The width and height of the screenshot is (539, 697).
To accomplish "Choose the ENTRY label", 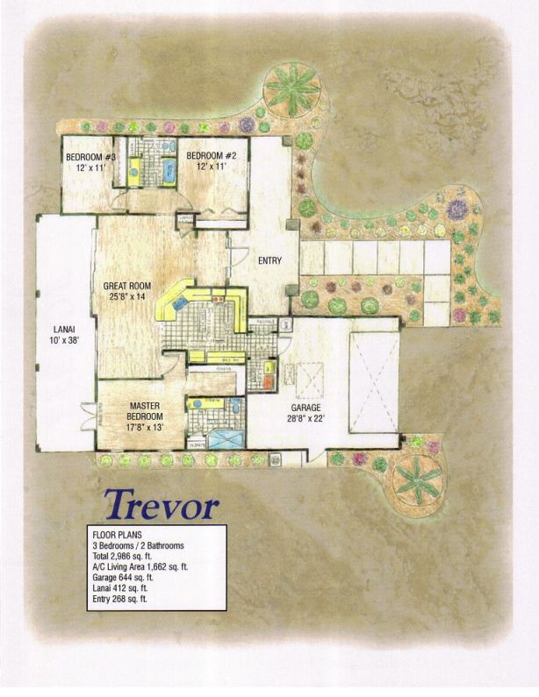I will tap(268, 261).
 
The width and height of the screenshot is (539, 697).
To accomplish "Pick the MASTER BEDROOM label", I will tap(143, 411).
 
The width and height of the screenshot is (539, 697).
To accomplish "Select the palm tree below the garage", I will tap(418, 477).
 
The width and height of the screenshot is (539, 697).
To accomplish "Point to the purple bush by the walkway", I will tap(456, 210).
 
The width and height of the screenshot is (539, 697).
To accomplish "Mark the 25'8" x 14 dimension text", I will tap(126, 298).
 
